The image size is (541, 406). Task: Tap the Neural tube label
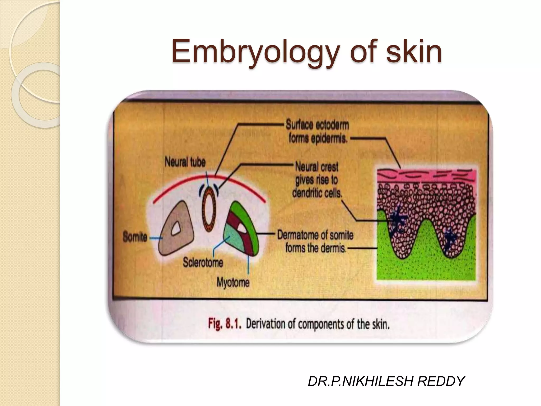tap(185, 162)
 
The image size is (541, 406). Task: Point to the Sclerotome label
tap(203, 262)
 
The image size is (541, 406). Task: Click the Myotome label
tap(233, 282)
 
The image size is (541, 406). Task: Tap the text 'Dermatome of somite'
tap(315, 235)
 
